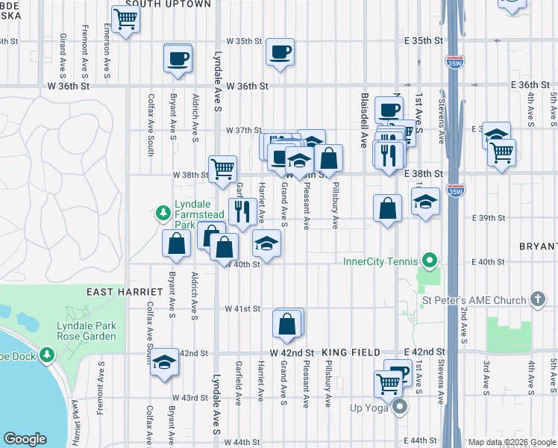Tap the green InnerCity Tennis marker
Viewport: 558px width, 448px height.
tap(428, 261)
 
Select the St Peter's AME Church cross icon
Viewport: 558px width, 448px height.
tap(538, 300)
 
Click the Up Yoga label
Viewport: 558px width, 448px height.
tap(371, 408)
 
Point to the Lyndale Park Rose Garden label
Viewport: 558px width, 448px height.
tap(87, 331)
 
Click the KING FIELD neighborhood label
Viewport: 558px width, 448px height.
tap(351, 352)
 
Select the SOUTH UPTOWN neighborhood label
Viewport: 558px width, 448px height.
tap(169, 4)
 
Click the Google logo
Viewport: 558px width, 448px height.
tap(25, 439)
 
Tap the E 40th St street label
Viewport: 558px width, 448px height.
tap(489, 262)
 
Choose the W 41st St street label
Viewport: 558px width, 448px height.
tap(243, 308)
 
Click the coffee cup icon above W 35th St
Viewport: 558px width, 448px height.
tap(280, 52)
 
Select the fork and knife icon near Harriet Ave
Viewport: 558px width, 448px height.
tap(242, 212)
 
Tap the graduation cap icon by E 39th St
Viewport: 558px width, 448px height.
tap(425, 202)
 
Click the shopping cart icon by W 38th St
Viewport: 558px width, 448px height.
tap(222, 169)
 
